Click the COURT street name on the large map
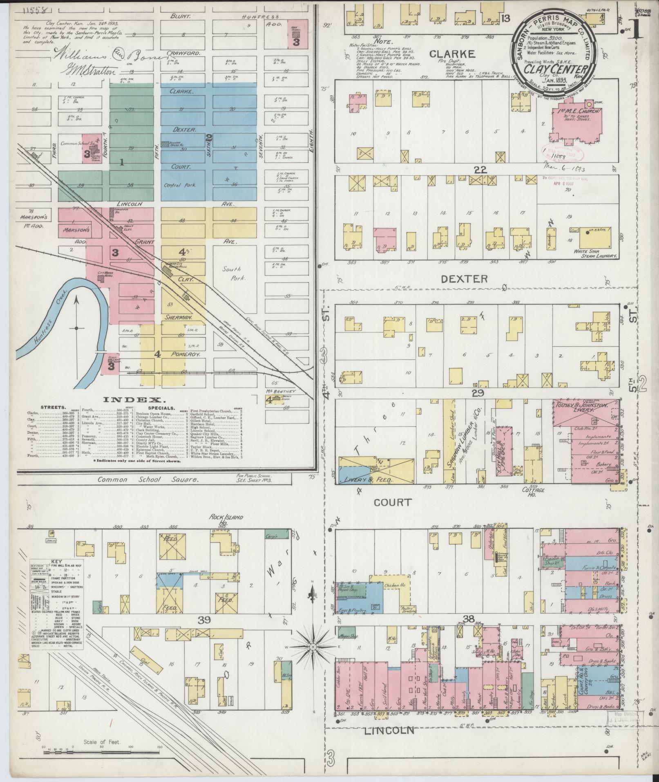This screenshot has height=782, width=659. (x=392, y=502)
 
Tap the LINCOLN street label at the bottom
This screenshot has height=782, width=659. (x=390, y=730)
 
